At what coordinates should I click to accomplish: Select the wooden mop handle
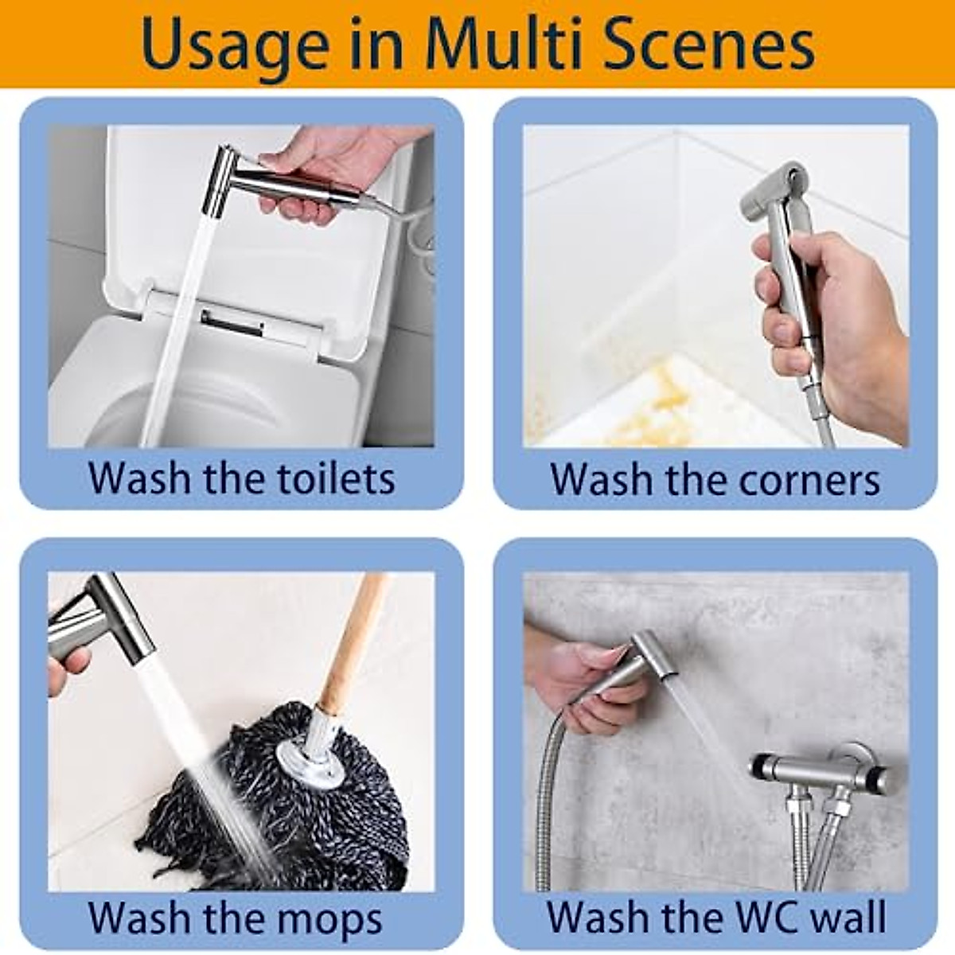click(350, 637)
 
